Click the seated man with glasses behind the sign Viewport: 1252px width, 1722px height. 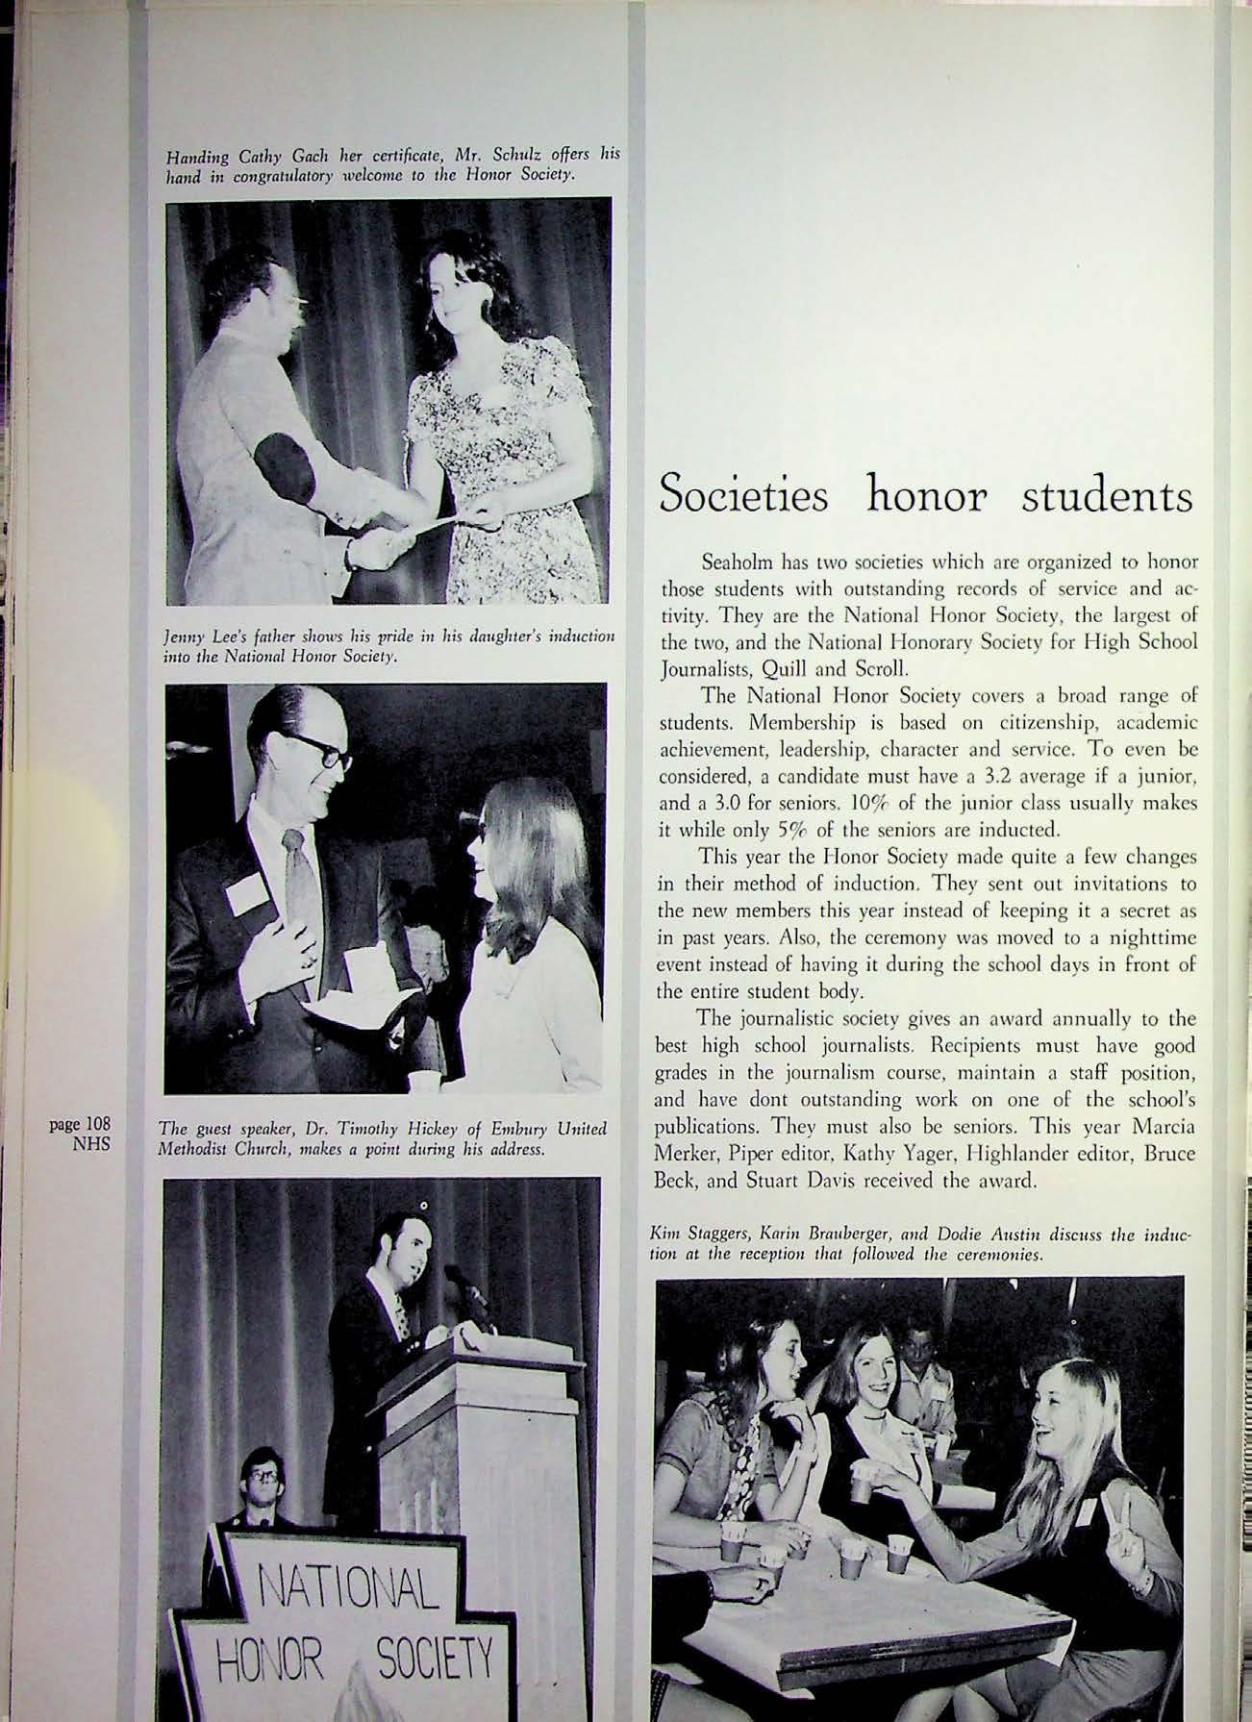(263, 1501)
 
